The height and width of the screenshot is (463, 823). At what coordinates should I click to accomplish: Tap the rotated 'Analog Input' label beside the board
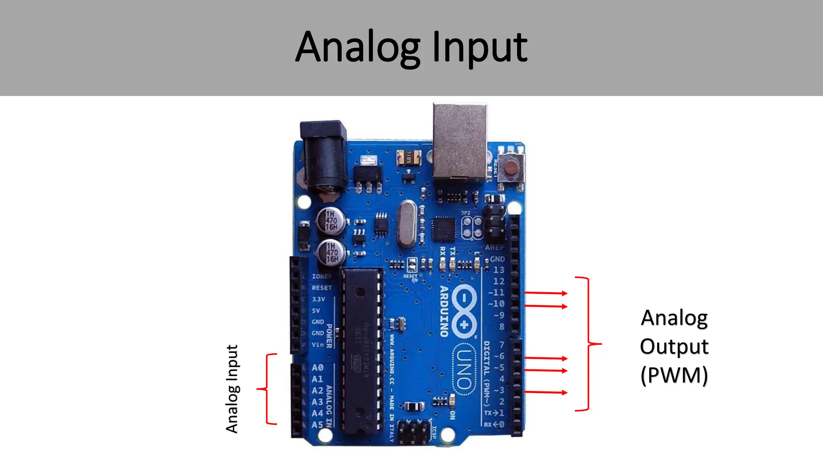[232, 389]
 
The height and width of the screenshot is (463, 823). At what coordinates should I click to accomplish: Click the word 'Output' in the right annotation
[674, 347]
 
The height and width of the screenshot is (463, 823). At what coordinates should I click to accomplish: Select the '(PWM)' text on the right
[674, 375]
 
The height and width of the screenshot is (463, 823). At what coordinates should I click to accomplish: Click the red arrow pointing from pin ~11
[546, 293]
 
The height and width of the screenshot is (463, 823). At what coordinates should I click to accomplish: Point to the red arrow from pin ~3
[546, 392]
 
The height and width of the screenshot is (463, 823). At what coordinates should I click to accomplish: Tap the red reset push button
[511, 167]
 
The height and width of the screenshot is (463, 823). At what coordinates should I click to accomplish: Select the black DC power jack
[324, 157]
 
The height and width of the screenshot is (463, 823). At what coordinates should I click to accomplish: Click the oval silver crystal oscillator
[407, 223]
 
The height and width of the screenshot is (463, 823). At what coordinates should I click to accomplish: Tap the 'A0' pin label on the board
[317, 368]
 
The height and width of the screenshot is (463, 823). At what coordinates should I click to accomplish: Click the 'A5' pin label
[317, 424]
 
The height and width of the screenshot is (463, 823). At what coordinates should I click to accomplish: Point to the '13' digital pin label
[499, 270]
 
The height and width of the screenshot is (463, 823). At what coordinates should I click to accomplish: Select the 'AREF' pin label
[494, 247]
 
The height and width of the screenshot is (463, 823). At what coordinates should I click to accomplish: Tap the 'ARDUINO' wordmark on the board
[444, 311]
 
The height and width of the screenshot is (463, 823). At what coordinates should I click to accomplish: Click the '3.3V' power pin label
[318, 299]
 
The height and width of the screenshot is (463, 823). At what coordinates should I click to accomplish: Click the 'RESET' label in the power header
[322, 288]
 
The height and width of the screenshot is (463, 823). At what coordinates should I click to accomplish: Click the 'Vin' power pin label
[317, 344]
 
